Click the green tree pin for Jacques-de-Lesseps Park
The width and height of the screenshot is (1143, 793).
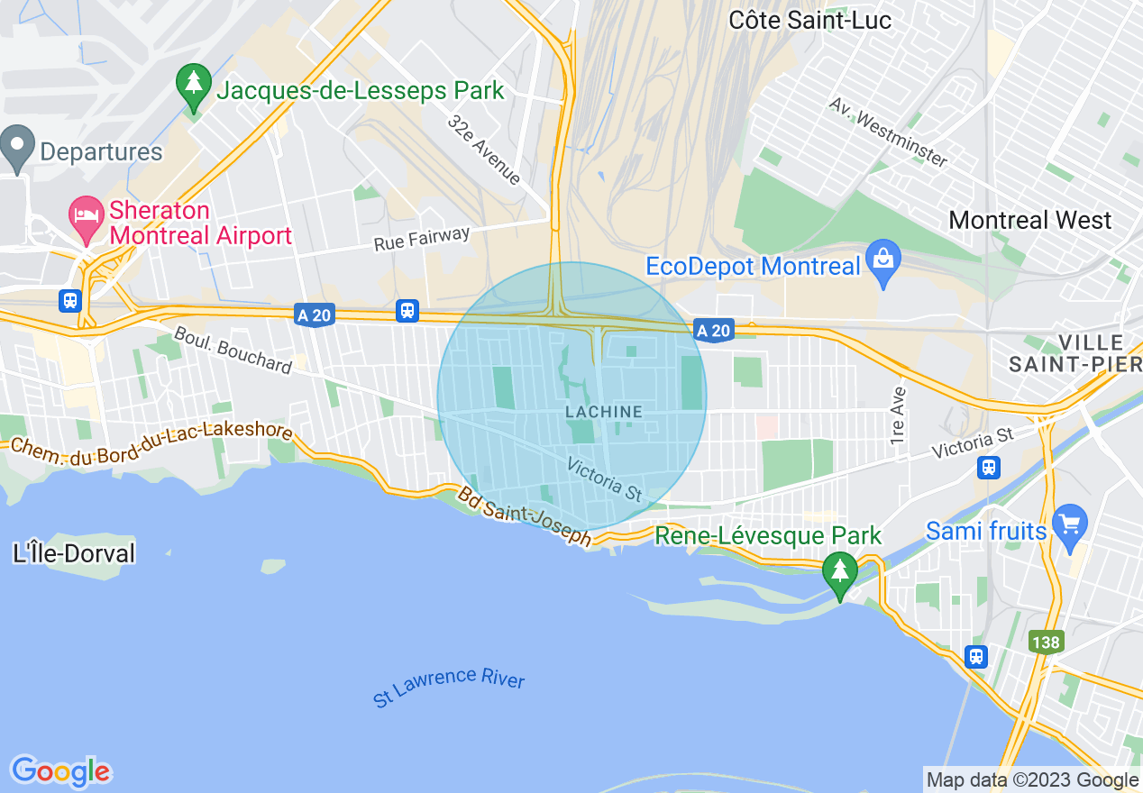(193, 84)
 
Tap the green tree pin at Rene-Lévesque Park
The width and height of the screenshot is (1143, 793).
(840, 571)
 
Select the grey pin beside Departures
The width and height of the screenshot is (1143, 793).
(16, 145)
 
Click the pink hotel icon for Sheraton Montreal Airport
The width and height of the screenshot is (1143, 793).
(87, 216)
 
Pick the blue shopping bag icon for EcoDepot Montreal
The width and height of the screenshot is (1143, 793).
(882, 259)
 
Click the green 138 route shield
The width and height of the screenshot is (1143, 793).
(1047, 642)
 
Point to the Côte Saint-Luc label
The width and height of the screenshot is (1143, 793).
(809, 19)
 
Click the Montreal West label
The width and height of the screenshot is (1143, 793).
(1030, 220)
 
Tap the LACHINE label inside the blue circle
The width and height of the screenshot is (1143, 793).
(604, 412)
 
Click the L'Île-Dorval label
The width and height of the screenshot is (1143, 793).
(74, 552)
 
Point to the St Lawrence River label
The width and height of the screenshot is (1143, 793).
(449, 687)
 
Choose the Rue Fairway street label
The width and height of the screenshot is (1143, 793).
(422, 239)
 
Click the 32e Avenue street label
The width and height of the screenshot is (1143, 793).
(484, 150)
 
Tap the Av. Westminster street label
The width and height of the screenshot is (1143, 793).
(889, 132)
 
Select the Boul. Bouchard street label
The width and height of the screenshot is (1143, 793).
(233, 350)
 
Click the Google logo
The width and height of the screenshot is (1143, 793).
(60, 771)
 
